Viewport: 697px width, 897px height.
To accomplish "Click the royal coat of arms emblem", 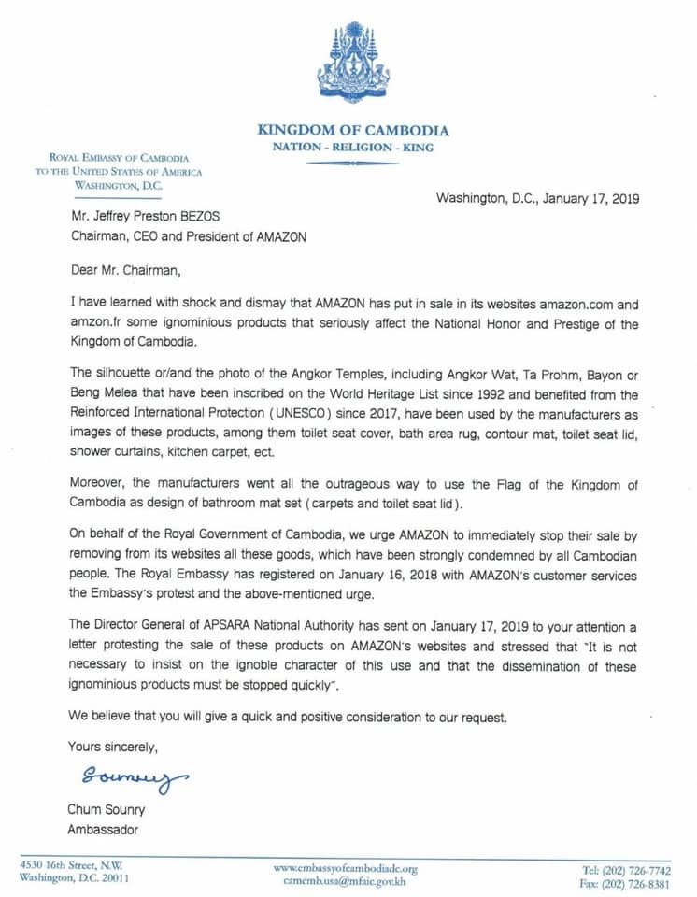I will (352, 63).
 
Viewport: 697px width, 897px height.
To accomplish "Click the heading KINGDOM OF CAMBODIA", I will (353, 131).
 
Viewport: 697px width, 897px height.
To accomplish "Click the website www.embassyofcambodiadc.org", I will (346, 868).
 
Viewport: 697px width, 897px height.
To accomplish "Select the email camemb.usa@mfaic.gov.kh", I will (346, 881).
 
